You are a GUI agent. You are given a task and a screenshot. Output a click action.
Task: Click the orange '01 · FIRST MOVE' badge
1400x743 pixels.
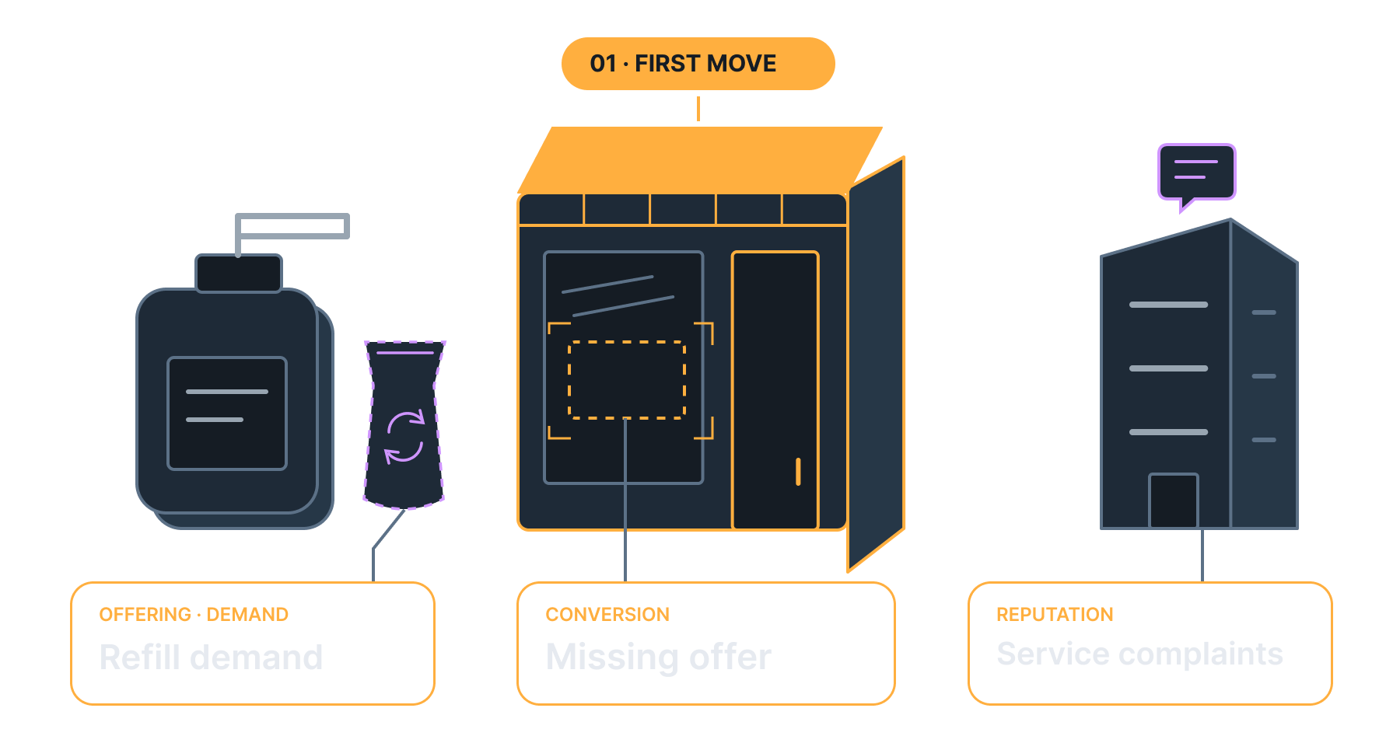coord(698,64)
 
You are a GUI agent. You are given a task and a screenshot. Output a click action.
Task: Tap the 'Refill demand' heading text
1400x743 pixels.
coord(211,658)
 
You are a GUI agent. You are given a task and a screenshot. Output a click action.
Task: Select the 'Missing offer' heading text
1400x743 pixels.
coord(658,658)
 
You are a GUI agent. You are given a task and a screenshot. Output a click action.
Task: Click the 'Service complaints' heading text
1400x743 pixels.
coord(1139,654)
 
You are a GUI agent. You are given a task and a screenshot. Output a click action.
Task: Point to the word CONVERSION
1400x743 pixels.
coord(607,615)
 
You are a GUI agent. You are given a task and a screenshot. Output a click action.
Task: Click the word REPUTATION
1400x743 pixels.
coord(1055,615)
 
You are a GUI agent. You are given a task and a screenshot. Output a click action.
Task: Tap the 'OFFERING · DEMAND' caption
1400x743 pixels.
coord(194,615)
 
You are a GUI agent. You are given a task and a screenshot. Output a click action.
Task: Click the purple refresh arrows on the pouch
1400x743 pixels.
coord(404,436)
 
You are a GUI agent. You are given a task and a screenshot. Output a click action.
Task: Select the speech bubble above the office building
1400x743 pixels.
coord(1196,176)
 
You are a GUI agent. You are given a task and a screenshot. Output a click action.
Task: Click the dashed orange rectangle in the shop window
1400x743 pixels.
coord(627,380)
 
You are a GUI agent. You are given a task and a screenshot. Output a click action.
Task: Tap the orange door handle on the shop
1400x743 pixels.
coord(798,472)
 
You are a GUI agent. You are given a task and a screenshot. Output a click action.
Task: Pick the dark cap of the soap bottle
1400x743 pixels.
coord(239,274)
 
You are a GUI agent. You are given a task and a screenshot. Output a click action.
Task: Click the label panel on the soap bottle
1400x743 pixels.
coord(227,413)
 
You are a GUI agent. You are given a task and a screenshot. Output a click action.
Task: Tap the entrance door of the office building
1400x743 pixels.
coord(1174,501)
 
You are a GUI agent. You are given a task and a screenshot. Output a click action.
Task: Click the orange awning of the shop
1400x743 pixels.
coord(700,160)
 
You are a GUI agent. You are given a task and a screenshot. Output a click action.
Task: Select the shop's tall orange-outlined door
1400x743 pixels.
coord(775,390)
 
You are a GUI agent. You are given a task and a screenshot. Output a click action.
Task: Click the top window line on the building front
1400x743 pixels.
coord(1168,305)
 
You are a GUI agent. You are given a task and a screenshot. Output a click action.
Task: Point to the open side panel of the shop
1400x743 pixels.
coord(877,364)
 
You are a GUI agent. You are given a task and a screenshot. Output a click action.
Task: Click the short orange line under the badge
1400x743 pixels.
coord(698,109)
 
